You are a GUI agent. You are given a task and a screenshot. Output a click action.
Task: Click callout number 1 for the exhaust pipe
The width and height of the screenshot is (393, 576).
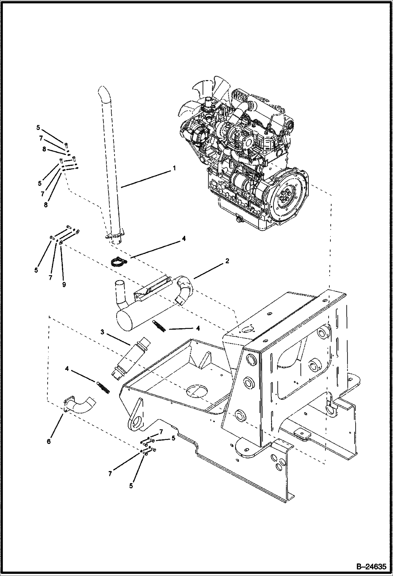click(x=174, y=168)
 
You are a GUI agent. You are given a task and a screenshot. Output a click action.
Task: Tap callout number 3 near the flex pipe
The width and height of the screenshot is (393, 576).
click(x=103, y=332)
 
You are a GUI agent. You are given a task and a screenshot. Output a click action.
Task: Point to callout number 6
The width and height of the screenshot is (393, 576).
click(x=49, y=441)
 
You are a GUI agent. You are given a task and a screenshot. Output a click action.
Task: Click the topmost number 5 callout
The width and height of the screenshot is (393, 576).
click(x=38, y=128)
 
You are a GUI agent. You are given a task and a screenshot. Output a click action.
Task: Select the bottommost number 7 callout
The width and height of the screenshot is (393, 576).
click(x=110, y=473)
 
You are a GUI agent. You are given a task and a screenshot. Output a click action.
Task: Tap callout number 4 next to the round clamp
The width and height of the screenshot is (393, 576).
click(x=183, y=238)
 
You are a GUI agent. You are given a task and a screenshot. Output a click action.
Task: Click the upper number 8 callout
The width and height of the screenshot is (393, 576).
click(x=44, y=149)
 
